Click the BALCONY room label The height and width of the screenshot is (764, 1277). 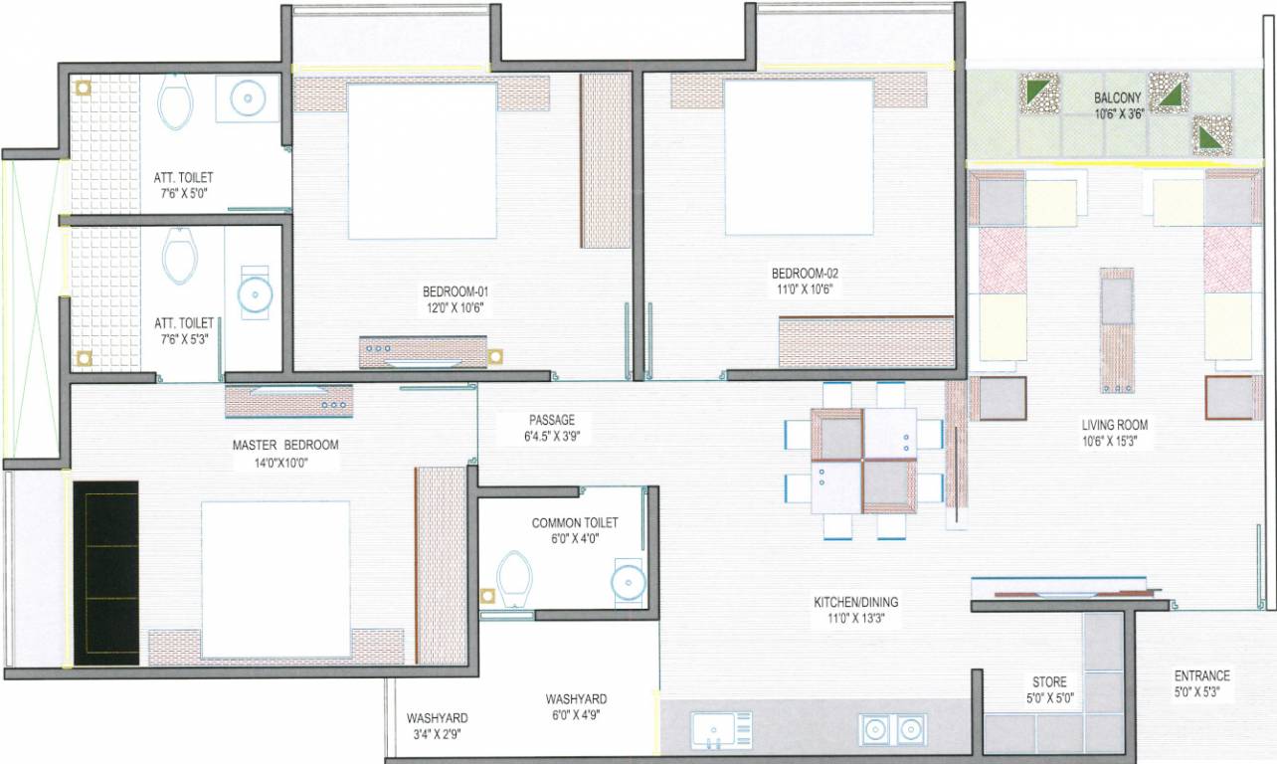tap(1118, 98)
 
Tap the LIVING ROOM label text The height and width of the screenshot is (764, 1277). tap(1114, 425)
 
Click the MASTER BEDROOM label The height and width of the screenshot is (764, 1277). tap(285, 445)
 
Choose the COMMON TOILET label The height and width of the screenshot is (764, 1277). tap(575, 522)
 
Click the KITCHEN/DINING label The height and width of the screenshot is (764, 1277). tap(856, 602)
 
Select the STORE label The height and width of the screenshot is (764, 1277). tap(1048, 681)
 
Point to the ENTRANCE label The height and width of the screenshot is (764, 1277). tap(1201, 674)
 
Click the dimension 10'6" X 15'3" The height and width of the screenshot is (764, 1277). tap(1114, 441)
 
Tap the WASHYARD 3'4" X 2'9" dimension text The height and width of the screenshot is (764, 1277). tap(437, 734)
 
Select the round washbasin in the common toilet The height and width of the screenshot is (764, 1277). tap(629, 580)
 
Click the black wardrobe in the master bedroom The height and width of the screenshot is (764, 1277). tap(106, 572)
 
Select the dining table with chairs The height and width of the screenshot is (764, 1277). tap(862, 460)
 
